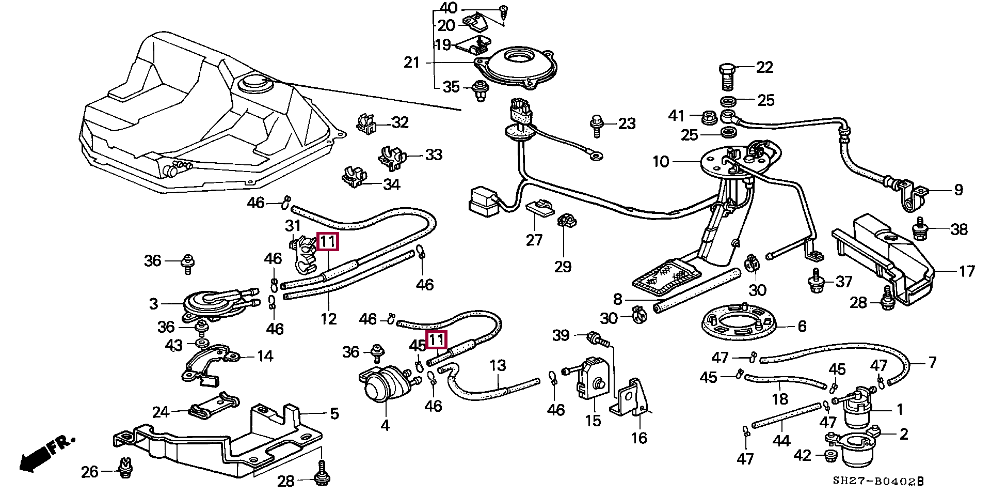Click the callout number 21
[412, 63]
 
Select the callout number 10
[661, 162]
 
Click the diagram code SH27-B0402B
[878, 482]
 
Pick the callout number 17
[967, 271]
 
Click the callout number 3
[153, 303]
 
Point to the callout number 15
[593, 421]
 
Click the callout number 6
[802, 326]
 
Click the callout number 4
[385, 425]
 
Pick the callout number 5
[334, 413]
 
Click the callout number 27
[534, 240]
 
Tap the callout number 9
[958, 190]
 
